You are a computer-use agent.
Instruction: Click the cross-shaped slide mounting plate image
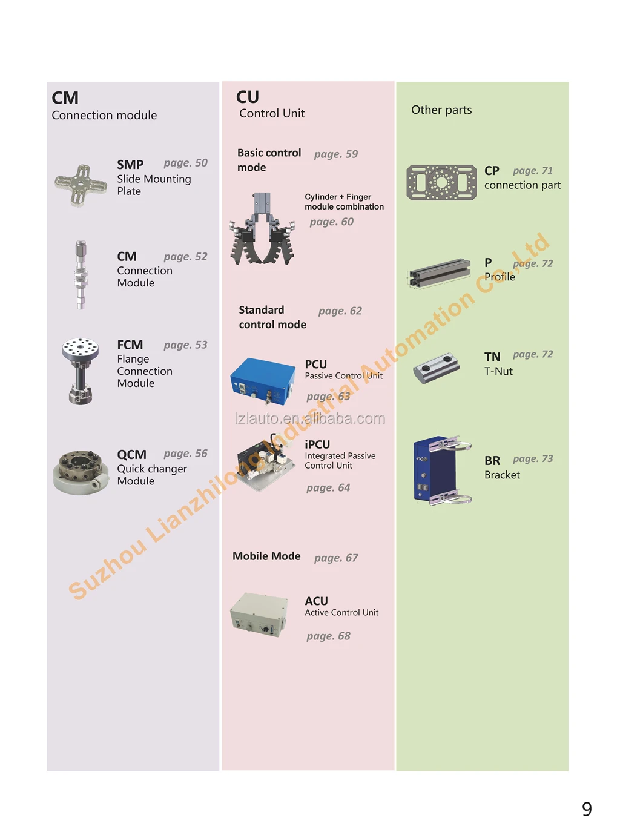(x=81, y=184)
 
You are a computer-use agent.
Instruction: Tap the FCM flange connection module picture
(x=80, y=370)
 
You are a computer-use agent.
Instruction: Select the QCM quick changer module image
(x=81, y=472)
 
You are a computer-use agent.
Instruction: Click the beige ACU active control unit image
(x=259, y=614)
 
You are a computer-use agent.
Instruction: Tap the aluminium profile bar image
(x=439, y=272)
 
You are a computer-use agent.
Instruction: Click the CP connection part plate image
(x=441, y=182)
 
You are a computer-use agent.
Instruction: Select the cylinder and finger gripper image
(x=262, y=229)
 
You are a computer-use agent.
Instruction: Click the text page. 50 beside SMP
(x=185, y=163)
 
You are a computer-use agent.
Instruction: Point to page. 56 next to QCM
(x=185, y=454)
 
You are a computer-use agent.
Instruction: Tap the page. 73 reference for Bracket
(x=533, y=459)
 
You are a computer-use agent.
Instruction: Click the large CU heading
(x=248, y=97)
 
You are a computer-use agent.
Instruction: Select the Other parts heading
(x=441, y=110)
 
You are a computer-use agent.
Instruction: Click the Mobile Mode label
(x=266, y=556)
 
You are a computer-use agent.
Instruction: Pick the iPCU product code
(x=317, y=444)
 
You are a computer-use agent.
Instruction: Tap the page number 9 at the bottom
(x=587, y=809)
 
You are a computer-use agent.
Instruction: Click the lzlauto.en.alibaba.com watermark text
(x=310, y=418)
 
